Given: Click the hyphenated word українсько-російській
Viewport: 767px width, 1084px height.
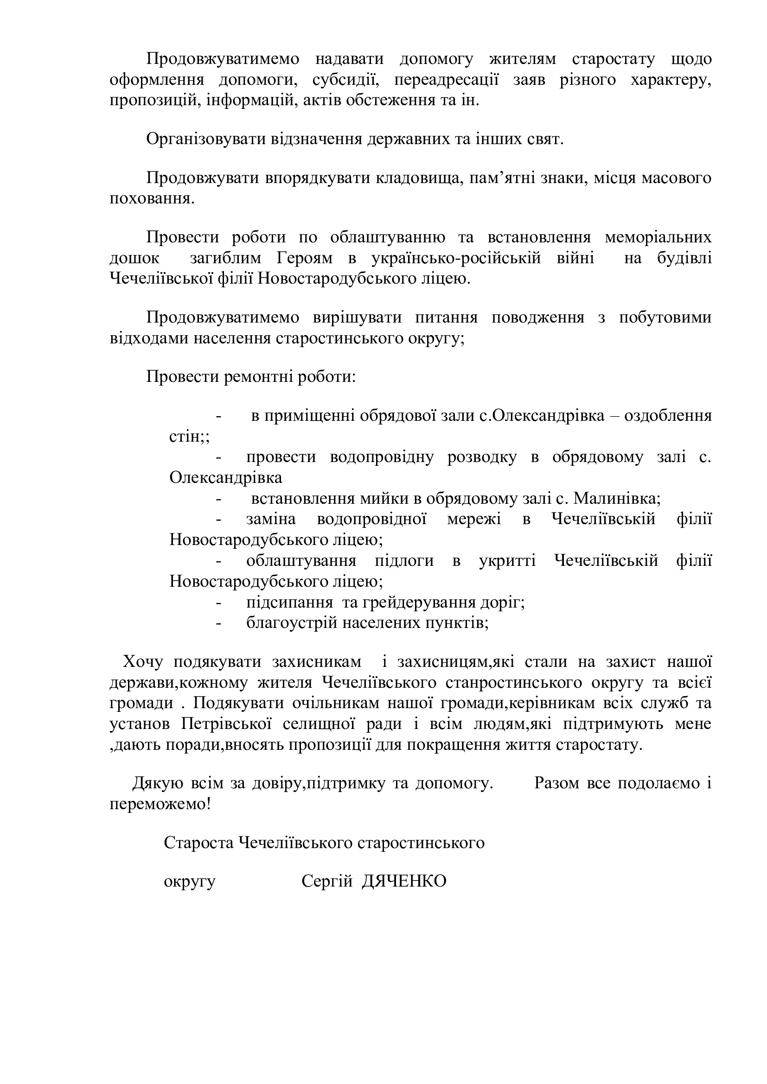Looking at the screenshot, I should tap(456, 258).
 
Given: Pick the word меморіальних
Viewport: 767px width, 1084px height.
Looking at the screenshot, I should tap(658, 237).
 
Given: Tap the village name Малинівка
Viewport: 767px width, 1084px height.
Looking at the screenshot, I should tap(614, 499).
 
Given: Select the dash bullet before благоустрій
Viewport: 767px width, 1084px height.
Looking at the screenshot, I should tap(218, 623).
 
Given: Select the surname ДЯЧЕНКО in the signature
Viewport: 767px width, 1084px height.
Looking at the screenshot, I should tap(404, 881).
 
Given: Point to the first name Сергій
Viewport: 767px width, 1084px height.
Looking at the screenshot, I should tap(327, 881).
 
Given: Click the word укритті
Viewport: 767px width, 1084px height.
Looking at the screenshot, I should tap(508, 561).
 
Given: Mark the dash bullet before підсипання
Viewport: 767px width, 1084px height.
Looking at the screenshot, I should tap(218, 602).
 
